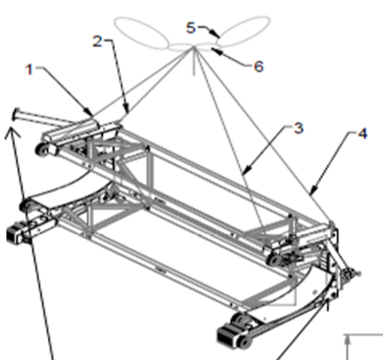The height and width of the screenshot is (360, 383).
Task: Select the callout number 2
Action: point(99,41)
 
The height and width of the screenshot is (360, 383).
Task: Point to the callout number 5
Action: point(191,27)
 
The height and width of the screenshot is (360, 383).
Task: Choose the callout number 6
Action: point(233,65)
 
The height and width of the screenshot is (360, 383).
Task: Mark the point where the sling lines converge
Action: point(194,51)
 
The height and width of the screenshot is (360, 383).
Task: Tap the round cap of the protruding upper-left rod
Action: point(15,113)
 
